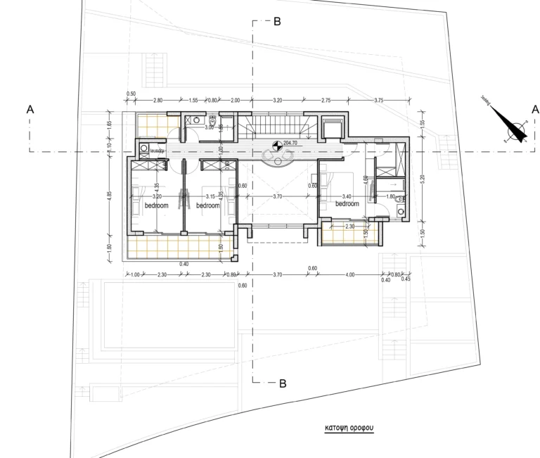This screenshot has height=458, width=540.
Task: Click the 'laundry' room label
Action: coord(156,150)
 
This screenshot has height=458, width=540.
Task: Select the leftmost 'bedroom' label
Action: coord(157,205)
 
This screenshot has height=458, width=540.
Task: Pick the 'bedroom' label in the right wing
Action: coord(347,203)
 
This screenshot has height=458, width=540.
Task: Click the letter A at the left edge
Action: coord(30,109)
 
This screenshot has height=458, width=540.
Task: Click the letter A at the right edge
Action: coord(535,109)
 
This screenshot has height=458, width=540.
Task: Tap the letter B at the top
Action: coord(277,22)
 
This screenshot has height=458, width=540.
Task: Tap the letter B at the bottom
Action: coord(283,383)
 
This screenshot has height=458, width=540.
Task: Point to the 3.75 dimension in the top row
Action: coord(380,101)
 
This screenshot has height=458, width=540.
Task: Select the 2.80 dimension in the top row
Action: coord(157,101)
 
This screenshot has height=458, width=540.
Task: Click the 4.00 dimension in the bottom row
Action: coord(350,274)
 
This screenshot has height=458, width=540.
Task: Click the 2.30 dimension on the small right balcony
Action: coord(349,226)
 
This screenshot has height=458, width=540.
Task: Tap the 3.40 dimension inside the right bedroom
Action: coord(346,196)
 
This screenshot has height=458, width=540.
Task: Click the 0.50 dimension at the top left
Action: coord(131,94)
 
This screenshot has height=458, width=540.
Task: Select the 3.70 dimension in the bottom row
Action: coord(278,274)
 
